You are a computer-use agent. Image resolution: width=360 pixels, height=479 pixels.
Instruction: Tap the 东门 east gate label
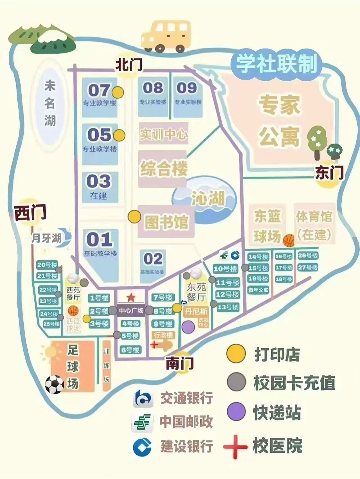coord(329,172)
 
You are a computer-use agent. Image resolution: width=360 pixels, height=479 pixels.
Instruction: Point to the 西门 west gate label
coord(30,213)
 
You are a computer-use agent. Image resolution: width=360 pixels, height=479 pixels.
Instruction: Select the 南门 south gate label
coord(179,363)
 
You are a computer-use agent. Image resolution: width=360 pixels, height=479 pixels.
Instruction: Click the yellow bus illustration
coord(166,37)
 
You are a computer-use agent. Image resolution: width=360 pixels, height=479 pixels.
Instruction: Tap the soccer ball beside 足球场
coord(55,384)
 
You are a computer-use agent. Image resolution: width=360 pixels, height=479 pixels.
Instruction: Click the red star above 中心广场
coord(131,297)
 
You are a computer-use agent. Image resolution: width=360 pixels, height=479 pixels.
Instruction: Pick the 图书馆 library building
coord(166,222)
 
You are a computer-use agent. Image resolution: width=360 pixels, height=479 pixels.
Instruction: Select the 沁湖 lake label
coord(208,198)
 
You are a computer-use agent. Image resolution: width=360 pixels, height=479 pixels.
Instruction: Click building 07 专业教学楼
coord(100,96)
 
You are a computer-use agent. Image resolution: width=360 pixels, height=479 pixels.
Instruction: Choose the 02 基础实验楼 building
coord(153,263)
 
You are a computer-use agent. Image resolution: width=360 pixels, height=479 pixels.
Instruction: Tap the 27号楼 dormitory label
coord(308,267)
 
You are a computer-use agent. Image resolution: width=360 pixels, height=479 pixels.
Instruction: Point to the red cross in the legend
coord(235,446)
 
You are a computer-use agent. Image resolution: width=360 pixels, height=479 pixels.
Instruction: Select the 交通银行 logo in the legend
coord(143,399)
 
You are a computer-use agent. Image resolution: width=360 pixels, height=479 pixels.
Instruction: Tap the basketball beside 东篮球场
coord(289,241)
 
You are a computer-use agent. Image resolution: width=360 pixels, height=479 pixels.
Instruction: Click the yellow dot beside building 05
coord(119,135)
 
